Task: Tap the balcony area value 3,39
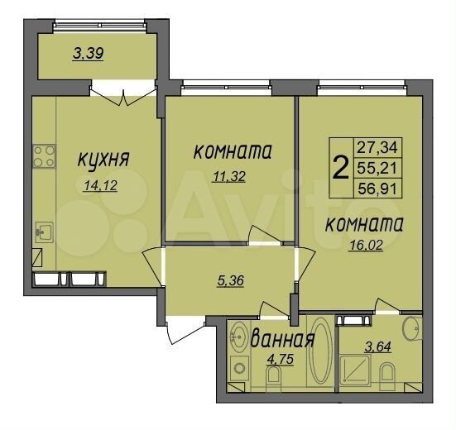pos(89,55)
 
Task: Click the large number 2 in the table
pos(339,168)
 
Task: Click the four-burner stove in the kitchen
pos(43,155)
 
